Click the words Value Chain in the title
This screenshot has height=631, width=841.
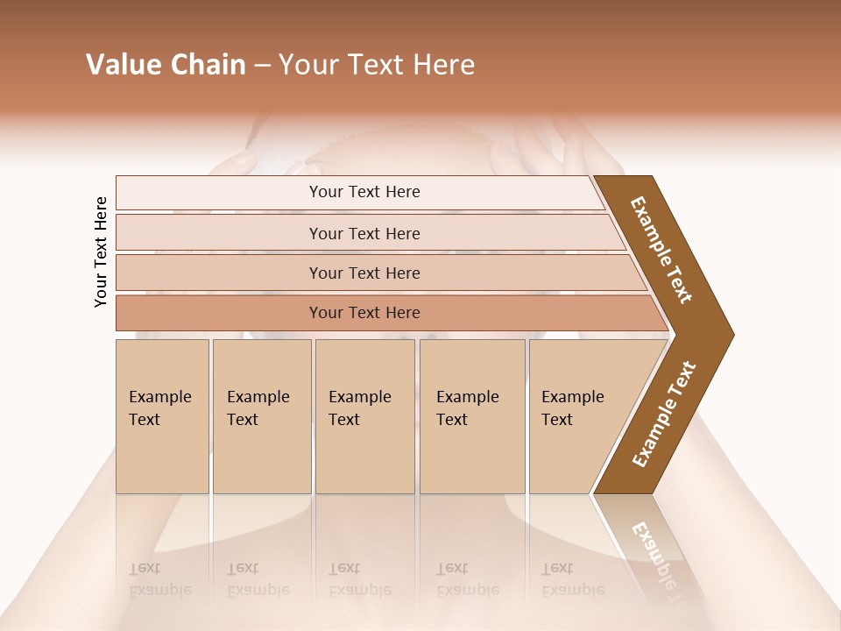tap(166, 65)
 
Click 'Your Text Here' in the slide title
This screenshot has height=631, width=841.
tap(377, 65)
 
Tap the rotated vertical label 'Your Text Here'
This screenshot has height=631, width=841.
tap(101, 252)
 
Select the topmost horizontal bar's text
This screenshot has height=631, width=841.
tap(364, 192)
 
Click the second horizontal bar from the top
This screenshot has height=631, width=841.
tap(364, 233)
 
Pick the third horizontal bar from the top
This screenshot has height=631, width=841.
tap(364, 273)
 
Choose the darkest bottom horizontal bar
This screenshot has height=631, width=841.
tap(364, 313)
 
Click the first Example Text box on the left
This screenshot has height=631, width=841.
tap(162, 416)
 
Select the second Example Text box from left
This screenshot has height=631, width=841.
tap(261, 416)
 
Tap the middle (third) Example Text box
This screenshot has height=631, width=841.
tap(364, 416)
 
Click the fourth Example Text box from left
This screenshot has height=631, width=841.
tap(471, 416)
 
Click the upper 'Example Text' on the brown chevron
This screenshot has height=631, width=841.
tap(661, 250)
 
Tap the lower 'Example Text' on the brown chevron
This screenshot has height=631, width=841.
tap(664, 415)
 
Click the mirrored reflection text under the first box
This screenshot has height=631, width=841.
tap(159, 579)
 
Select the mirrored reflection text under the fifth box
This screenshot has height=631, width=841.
tap(572, 579)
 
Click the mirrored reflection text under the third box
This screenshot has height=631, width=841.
tap(359, 579)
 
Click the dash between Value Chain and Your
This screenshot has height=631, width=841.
tap(262, 66)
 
